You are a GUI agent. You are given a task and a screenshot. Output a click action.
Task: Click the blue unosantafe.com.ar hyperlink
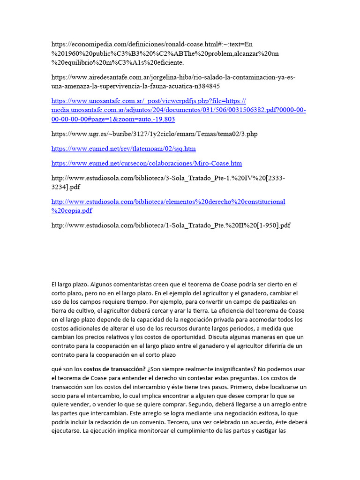click(178, 110)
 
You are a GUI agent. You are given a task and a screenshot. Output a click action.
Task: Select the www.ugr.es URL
click(154, 134)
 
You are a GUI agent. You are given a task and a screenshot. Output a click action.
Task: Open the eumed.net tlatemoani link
click(123, 149)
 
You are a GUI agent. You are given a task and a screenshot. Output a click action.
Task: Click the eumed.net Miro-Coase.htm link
click(146, 163)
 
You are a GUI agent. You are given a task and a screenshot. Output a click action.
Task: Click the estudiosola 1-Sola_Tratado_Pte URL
click(171, 225)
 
